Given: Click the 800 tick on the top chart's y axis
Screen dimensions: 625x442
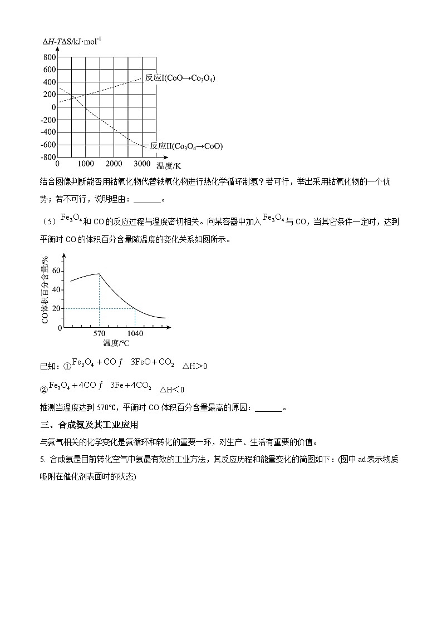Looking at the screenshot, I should pyautogui.click(x=50, y=57).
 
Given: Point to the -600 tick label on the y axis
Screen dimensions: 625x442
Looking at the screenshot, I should pyautogui.click(x=47, y=145).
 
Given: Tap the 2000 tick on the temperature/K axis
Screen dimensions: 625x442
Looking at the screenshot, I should pyautogui.click(x=114, y=164).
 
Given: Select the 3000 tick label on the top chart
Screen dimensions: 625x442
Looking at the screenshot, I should pyautogui.click(x=143, y=164).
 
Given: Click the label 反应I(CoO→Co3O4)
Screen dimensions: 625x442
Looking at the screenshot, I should pyautogui.click(x=180, y=78).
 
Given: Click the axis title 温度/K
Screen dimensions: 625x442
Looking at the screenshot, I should pyautogui.click(x=169, y=165).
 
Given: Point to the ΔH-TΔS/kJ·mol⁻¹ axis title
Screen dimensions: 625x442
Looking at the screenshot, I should pyautogui.click(x=72, y=42).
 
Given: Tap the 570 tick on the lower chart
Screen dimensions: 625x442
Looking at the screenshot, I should pyautogui.click(x=99, y=334).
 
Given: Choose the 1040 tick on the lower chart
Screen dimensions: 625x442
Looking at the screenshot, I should pyautogui.click(x=135, y=334).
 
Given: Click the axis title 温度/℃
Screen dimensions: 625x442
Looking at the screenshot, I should pyautogui.click(x=116, y=343).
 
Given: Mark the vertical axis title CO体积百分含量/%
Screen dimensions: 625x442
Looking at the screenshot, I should pyautogui.click(x=45, y=289).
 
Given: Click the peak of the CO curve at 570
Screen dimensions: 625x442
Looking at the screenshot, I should pyautogui.click(x=99, y=273).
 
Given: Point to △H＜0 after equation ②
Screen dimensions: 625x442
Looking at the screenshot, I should pyautogui.click(x=172, y=389).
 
